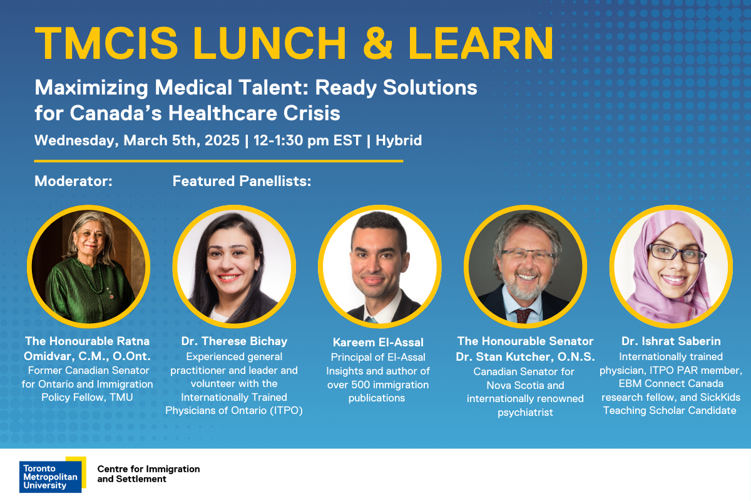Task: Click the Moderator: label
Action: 73,182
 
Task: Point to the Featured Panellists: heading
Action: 242,182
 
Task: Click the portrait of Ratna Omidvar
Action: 88,267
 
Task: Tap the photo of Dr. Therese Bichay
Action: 233,267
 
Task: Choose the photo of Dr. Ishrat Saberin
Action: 671,267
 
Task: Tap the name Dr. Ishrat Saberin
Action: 671,341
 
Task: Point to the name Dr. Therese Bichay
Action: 234,341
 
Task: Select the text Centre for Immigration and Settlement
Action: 148,474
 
